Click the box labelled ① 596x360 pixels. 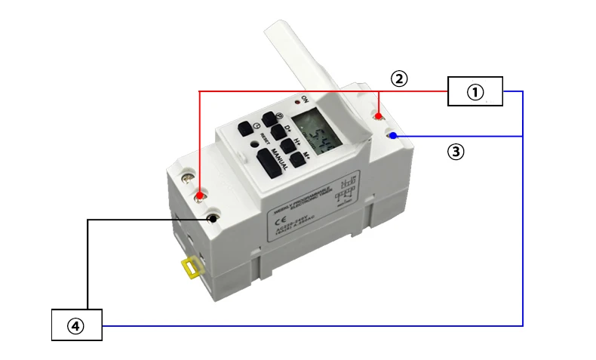[x=475, y=91]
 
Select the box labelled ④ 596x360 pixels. [x=76, y=325]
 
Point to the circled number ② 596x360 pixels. [x=399, y=78]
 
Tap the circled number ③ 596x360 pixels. [x=456, y=152]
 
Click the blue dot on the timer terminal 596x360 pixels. [x=394, y=134]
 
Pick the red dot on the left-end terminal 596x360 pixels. [x=199, y=196]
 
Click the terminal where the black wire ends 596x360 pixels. [x=214, y=220]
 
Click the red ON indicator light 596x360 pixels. [x=299, y=100]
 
